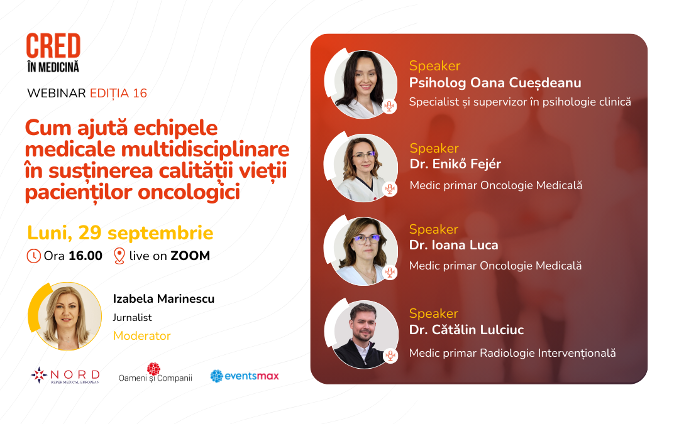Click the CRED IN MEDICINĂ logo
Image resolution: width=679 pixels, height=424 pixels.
(53, 53)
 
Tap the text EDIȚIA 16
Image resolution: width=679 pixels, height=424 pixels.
(118, 94)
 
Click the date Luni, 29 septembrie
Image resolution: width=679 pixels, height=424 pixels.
(120, 233)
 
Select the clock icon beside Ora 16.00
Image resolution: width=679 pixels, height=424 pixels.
(33, 256)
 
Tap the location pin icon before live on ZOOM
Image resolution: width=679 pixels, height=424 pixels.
(119, 256)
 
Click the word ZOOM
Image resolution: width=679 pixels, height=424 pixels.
(190, 256)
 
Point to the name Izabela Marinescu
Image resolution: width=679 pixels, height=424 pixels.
(163, 298)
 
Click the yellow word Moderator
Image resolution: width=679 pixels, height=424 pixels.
(141, 335)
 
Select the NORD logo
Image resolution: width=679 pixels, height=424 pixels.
(65, 375)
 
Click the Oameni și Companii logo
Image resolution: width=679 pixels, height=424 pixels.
(155, 373)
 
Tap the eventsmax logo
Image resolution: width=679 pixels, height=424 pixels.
(245, 376)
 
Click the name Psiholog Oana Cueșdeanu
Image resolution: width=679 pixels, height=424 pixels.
(495, 83)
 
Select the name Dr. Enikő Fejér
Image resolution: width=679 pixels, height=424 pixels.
(455, 164)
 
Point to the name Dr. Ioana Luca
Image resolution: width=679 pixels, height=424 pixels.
(453, 245)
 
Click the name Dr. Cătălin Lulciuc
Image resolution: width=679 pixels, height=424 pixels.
(466, 330)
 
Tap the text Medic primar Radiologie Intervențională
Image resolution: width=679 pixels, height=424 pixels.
(512, 353)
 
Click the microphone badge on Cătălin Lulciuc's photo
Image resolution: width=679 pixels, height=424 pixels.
(390, 356)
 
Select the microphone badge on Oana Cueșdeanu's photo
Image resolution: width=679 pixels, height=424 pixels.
(389, 106)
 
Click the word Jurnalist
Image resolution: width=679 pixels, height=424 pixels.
(132, 318)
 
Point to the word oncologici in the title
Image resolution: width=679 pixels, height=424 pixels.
(189, 193)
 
